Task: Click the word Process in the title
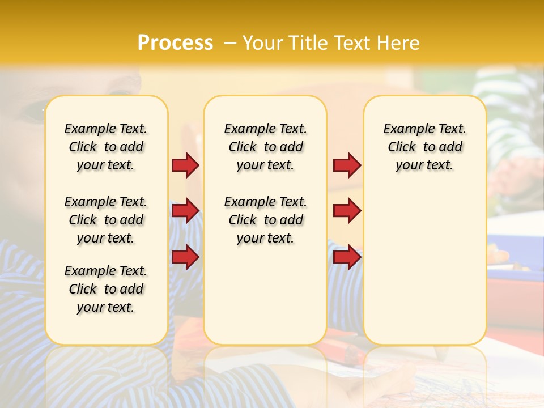pyautogui.click(x=175, y=43)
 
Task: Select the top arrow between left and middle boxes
pyautogui.click(x=185, y=165)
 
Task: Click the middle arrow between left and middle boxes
pyautogui.click(x=185, y=211)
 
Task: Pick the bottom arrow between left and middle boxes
pyautogui.click(x=185, y=257)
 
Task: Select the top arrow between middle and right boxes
pyautogui.click(x=347, y=165)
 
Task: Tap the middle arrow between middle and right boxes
pyautogui.click(x=347, y=211)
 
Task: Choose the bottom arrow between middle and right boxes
pyautogui.click(x=347, y=257)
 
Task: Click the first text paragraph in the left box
pyautogui.click(x=106, y=147)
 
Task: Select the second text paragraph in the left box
pyautogui.click(x=106, y=220)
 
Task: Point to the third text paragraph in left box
pyautogui.click(x=106, y=289)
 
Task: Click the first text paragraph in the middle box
pyautogui.click(x=265, y=147)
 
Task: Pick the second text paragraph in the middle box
pyautogui.click(x=265, y=220)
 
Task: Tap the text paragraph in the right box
pyautogui.click(x=424, y=147)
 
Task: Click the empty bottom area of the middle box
pyautogui.click(x=265, y=300)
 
